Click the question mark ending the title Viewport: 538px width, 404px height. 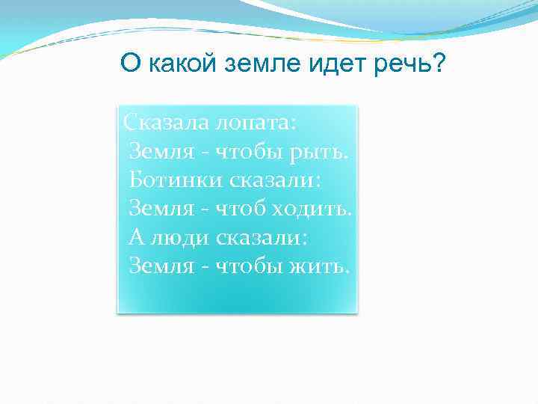coord(438,64)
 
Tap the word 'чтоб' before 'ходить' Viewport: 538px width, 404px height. coord(238,209)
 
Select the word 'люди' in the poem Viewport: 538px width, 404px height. coord(179,238)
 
